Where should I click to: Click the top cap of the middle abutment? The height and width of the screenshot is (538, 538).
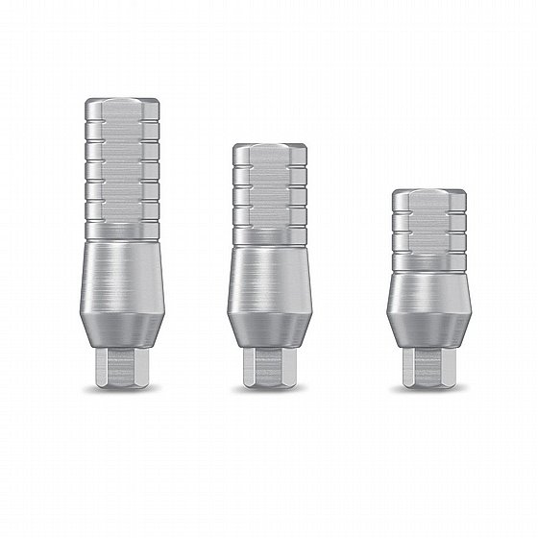pos(270,154)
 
